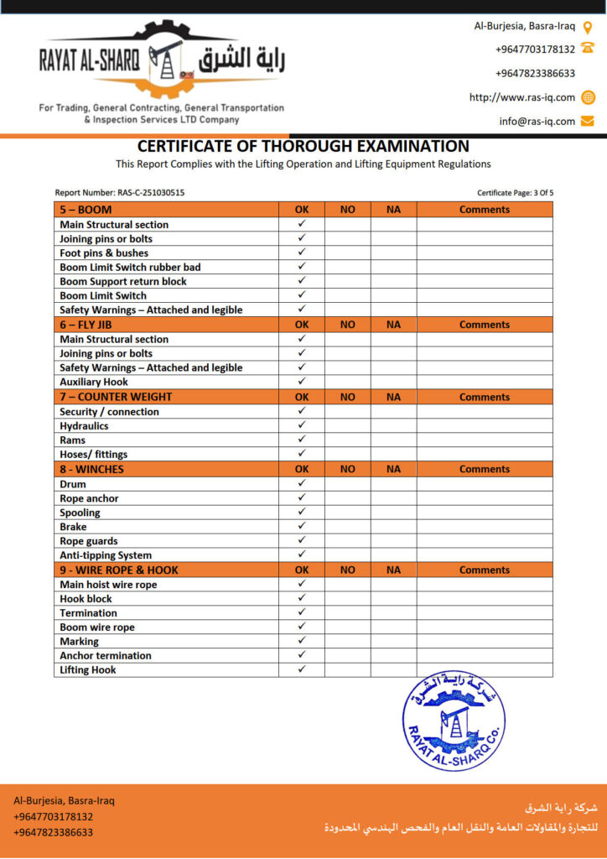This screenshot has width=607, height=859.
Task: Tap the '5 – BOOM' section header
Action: [86, 210]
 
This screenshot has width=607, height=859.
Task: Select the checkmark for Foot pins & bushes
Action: [302, 252]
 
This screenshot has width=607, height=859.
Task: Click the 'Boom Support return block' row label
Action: [123, 281]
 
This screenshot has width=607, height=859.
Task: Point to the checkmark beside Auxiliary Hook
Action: [302, 382]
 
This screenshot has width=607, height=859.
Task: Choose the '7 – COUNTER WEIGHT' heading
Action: [116, 397]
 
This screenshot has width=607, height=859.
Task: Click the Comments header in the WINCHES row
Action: [485, 469]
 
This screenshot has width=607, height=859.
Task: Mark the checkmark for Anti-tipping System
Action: [302, 554]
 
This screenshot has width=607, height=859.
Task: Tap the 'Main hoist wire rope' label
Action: [108, 585]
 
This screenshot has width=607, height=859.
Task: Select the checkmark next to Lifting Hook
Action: [302, 669]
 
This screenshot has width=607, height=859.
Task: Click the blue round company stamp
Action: [454, 721]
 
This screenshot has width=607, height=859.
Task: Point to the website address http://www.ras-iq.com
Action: [522, 97]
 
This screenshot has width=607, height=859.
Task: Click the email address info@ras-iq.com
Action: [537, 121]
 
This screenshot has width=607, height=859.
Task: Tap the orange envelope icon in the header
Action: [588, 121]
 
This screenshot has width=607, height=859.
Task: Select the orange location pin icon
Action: [588, 26]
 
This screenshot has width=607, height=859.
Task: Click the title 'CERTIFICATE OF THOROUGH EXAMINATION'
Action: [303, 146]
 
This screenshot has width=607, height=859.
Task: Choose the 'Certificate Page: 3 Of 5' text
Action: [515, 193]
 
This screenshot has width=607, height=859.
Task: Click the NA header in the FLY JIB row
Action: [394, 325]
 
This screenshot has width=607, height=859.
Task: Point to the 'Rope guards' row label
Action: [89, 541]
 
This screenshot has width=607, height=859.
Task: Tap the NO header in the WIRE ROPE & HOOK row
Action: [348, 570]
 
